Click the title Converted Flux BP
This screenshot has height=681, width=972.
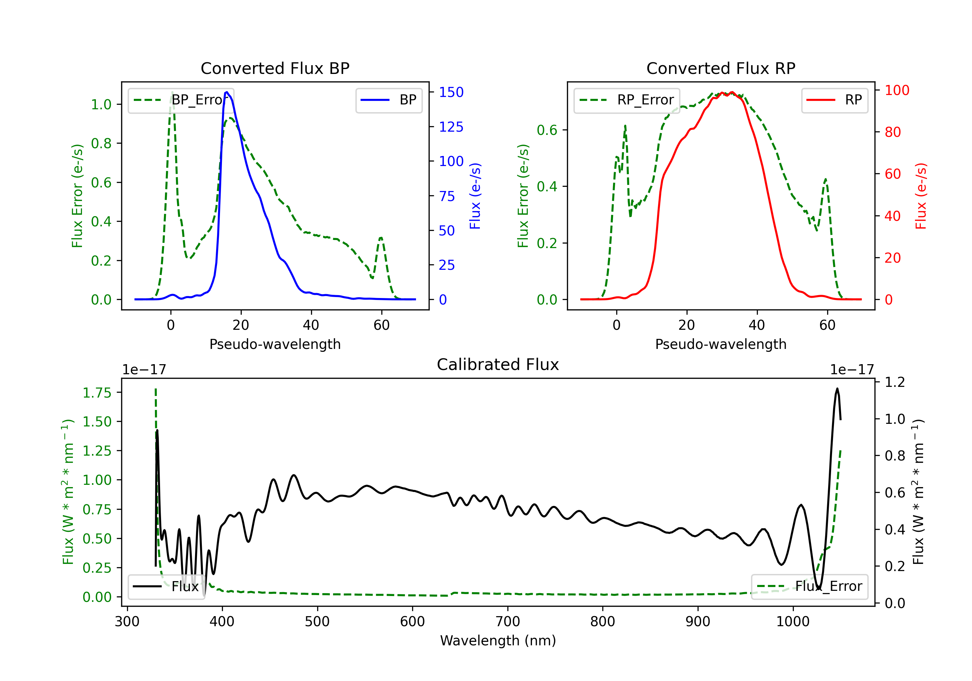[275, 68]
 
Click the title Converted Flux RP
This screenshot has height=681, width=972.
[721, 68]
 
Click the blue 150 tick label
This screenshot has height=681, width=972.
[451, 92]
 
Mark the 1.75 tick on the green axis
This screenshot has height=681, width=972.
[97, 393]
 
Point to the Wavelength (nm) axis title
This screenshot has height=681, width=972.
[498, 641]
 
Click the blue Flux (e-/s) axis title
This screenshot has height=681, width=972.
[475, 196]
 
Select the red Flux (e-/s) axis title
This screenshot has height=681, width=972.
[921, 196]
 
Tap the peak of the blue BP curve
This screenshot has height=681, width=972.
[227, 92]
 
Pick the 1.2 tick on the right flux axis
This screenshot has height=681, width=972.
[895, 382]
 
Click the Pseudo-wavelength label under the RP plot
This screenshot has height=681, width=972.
[721, 344]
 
